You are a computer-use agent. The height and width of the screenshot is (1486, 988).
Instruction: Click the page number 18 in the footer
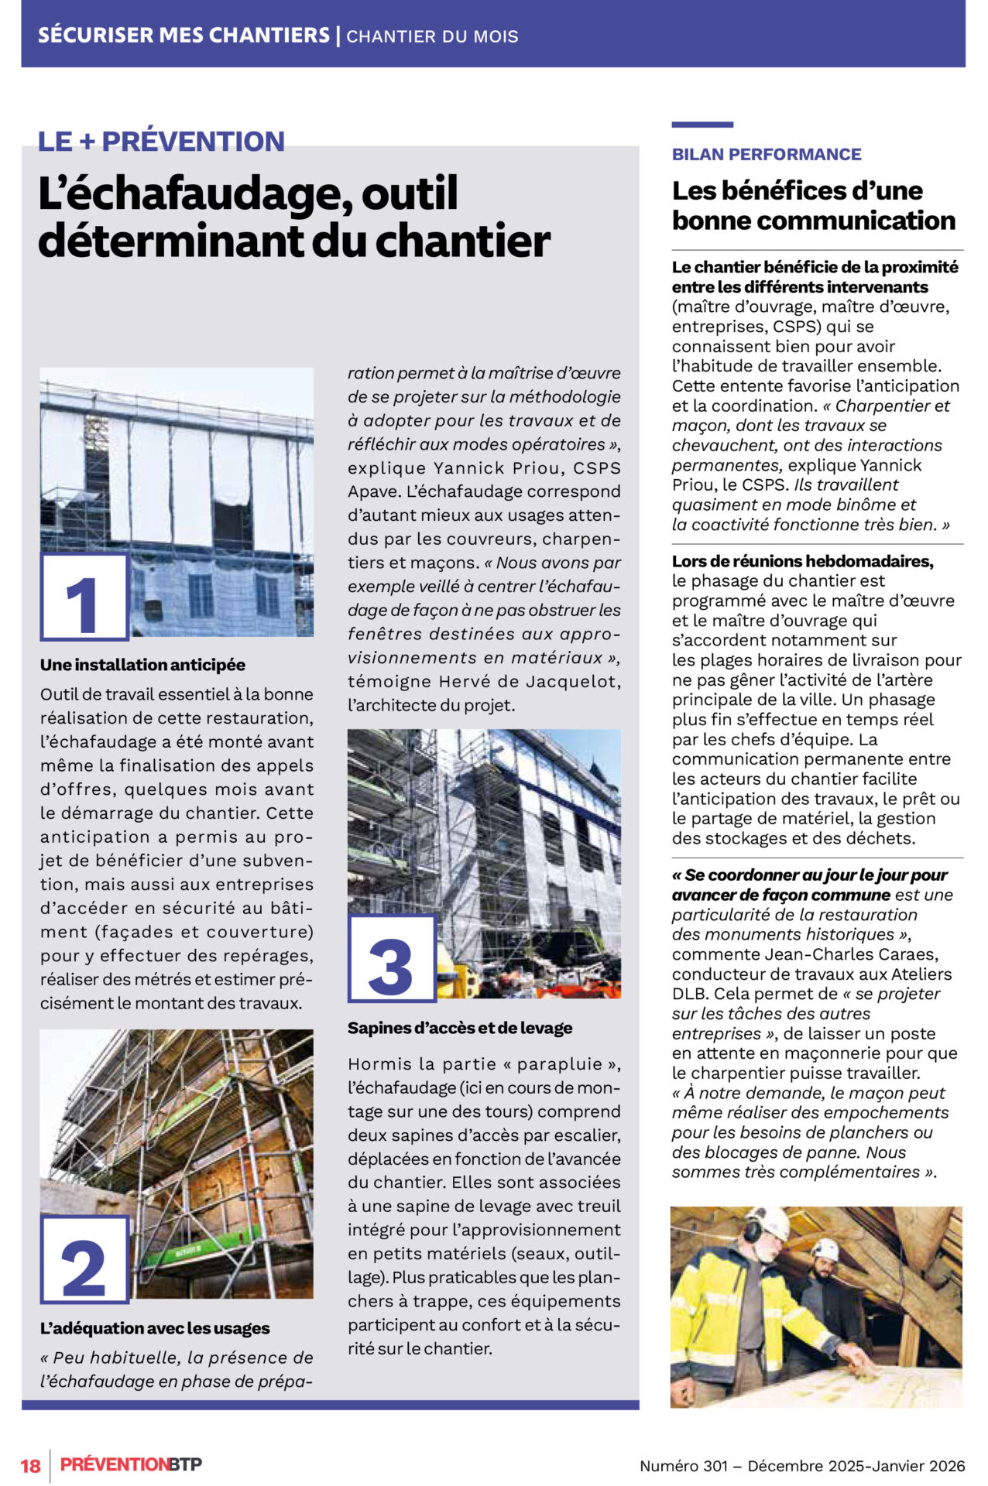pos(30,1465)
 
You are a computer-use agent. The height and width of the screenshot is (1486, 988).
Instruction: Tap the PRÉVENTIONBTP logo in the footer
pos(131,1464)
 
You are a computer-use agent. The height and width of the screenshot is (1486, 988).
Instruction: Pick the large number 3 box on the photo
pos(392,958)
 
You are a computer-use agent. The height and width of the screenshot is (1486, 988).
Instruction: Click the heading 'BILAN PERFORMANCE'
pos(766,154)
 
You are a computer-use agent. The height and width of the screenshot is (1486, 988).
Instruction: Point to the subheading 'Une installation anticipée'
pos(142,665)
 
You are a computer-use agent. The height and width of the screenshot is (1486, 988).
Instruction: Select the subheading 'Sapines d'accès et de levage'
pos(460,1028)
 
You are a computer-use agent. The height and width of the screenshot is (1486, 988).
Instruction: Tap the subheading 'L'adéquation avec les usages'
pos(155,1328)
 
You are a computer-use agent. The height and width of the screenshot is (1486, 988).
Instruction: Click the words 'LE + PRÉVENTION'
pos(161,142)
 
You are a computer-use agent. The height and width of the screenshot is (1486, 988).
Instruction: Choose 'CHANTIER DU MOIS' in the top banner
pos(432,36)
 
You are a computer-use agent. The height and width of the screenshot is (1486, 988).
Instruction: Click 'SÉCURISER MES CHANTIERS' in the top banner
pos(184,36)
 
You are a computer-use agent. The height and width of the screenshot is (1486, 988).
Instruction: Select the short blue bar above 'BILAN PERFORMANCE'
pos(702,125)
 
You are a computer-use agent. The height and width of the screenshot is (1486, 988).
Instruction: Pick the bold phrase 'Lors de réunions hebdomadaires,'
pos(802,561)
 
